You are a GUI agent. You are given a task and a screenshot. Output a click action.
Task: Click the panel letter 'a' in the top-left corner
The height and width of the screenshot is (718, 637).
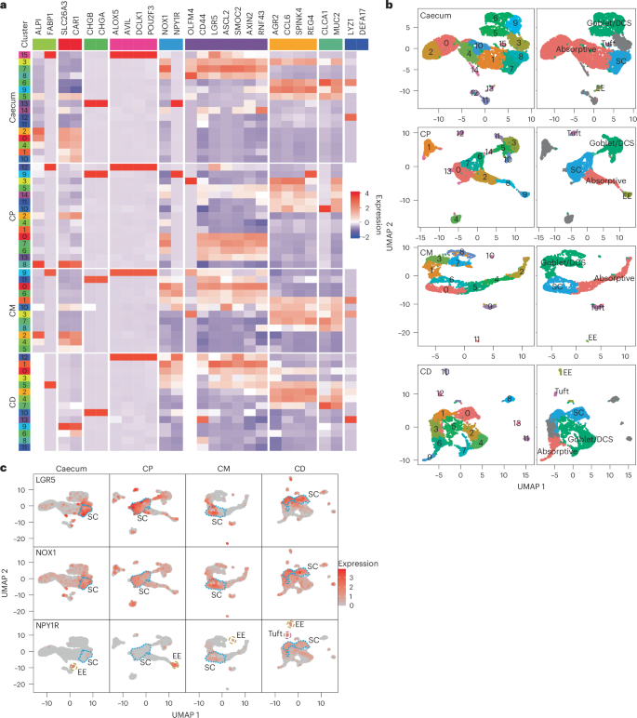point(5,6)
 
